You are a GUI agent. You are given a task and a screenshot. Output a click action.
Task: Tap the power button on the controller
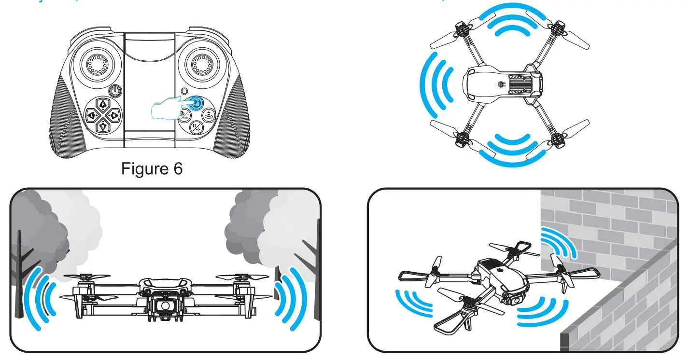coord(115,90)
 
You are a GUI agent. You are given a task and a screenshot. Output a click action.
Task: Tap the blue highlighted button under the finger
coord(196,103)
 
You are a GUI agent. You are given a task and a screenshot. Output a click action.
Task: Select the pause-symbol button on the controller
coord(197,129)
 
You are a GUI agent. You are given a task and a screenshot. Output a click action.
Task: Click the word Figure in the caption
coord(144,169)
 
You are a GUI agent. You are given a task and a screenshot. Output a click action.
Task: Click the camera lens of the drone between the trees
coord(166,305)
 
